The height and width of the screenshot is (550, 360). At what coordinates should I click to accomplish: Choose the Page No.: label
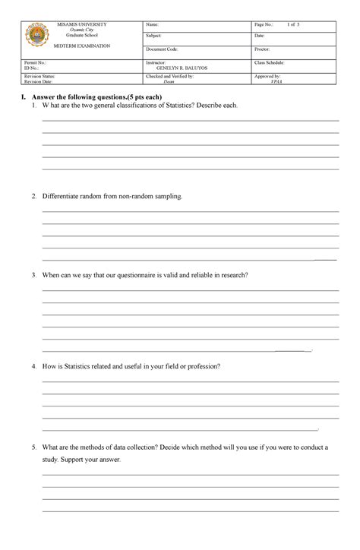[x=267, y=25]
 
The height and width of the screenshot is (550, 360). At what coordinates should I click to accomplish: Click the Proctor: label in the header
[x=263, y=49]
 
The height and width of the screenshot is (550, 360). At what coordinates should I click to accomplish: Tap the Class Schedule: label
[x=272, y=61]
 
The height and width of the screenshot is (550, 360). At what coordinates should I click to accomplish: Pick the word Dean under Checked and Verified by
[x=169, y=82]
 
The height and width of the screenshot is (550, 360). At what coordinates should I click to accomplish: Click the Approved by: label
[x=268, y=77]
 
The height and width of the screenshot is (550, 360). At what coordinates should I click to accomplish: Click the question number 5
[x=33, y=447]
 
